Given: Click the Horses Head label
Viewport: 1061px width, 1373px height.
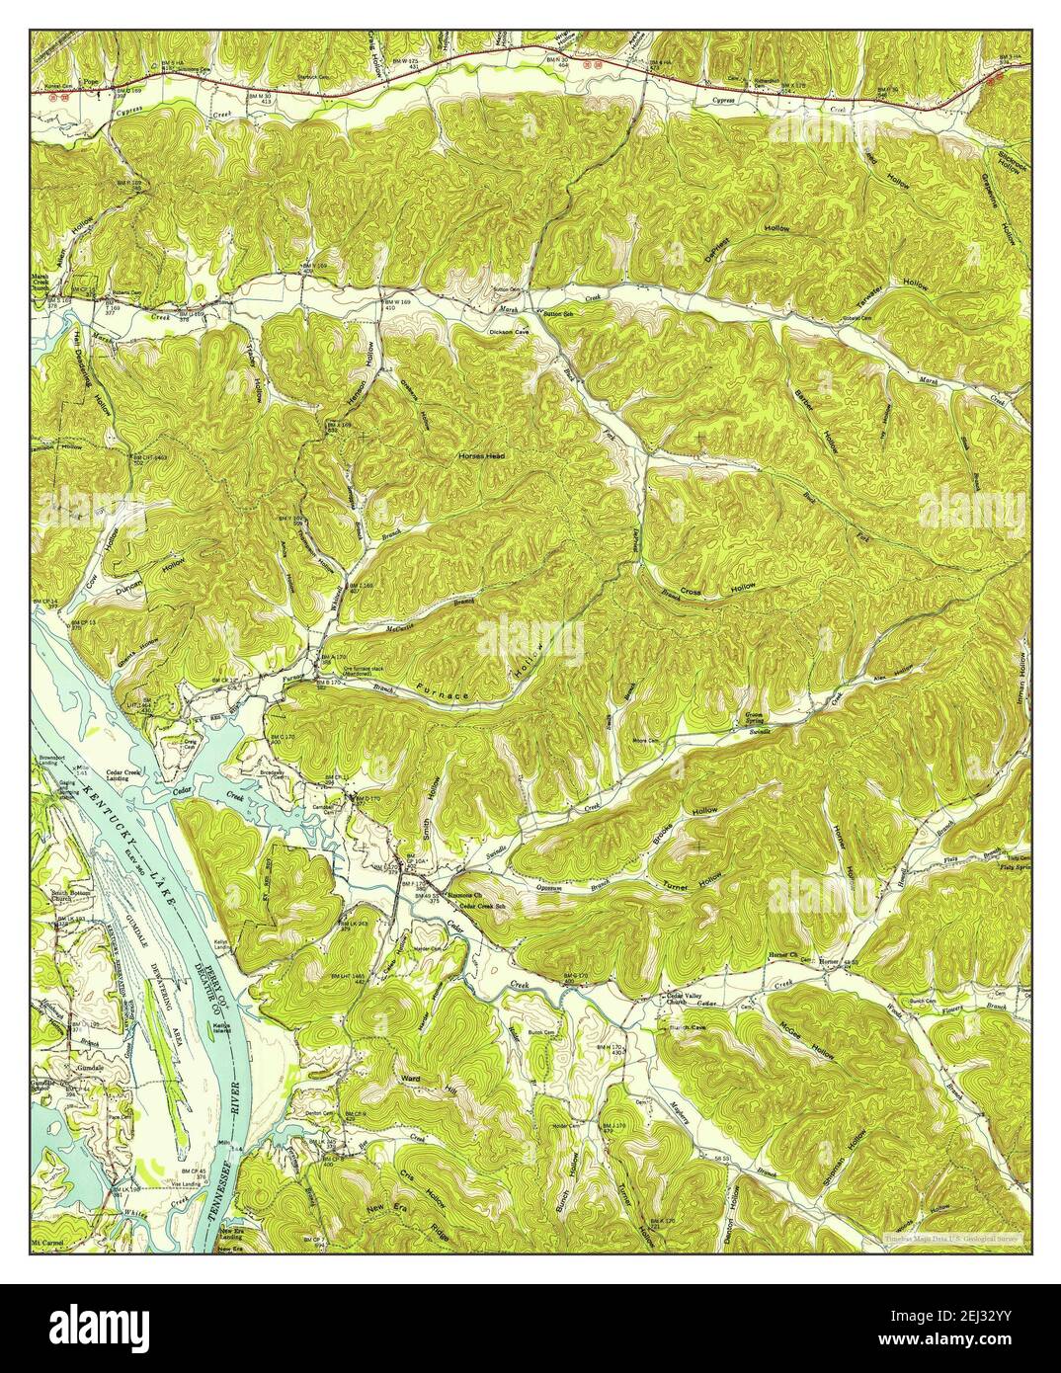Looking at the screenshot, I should pos(481,456).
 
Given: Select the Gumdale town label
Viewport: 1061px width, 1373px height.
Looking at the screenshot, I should pos(75,1070).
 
